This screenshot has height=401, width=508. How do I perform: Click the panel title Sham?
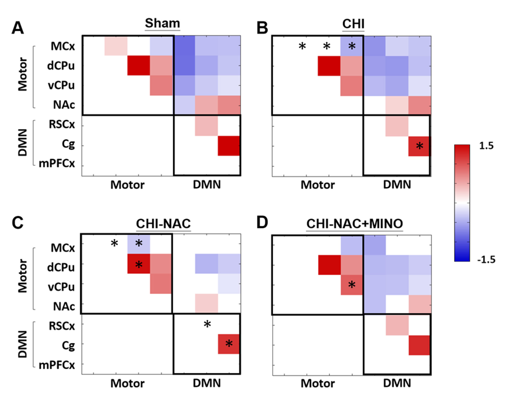pyautogui.click(x=162, y=23)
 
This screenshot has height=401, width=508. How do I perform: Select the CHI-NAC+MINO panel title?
pyautogui.click(x=354, y=224)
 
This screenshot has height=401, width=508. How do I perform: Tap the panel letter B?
pyautogui.click(x=262, y=28)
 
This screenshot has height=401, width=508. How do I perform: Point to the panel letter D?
pyautogui.click(x=262, y=223)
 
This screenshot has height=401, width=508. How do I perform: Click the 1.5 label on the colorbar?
pyautogui.click(x=486, y=146)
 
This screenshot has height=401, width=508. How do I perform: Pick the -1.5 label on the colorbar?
pyautogui.click(x=486, y=260)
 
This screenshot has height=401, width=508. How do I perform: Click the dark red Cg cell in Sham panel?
pyautogui.click(x=229, y=146)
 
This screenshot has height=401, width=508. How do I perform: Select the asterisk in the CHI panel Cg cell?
pyautogui.click(x=420, y=146)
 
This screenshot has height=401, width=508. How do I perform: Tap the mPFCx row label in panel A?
pyautogui.click(x=57, y=163)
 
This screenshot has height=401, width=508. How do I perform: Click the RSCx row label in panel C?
pyautogui.click(x=62, y=326)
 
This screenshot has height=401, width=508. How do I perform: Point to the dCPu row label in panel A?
pyautogui.click(x=61, y=66)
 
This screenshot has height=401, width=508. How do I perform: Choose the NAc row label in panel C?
pyautogui.click(x=64, y=306)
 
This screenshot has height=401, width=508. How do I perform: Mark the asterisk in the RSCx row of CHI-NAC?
pyautogui.click(x=207, y=325)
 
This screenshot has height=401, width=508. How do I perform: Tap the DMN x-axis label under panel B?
pyautogui.click(x=397, y=185)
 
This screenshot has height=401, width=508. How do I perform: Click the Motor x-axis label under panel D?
pyautogui.click(x=318, y=383)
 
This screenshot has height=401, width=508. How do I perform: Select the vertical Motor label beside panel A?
pyautogui.click(x=23, y=74)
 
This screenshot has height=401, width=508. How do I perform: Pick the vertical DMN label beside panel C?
pyautogui.click(x=23, y=344)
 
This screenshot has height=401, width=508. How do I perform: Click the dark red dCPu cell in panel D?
pyautogui.click(x=329, y=265)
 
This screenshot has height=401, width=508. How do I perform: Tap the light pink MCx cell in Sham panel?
pyautogui.click(x=116, y=46)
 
